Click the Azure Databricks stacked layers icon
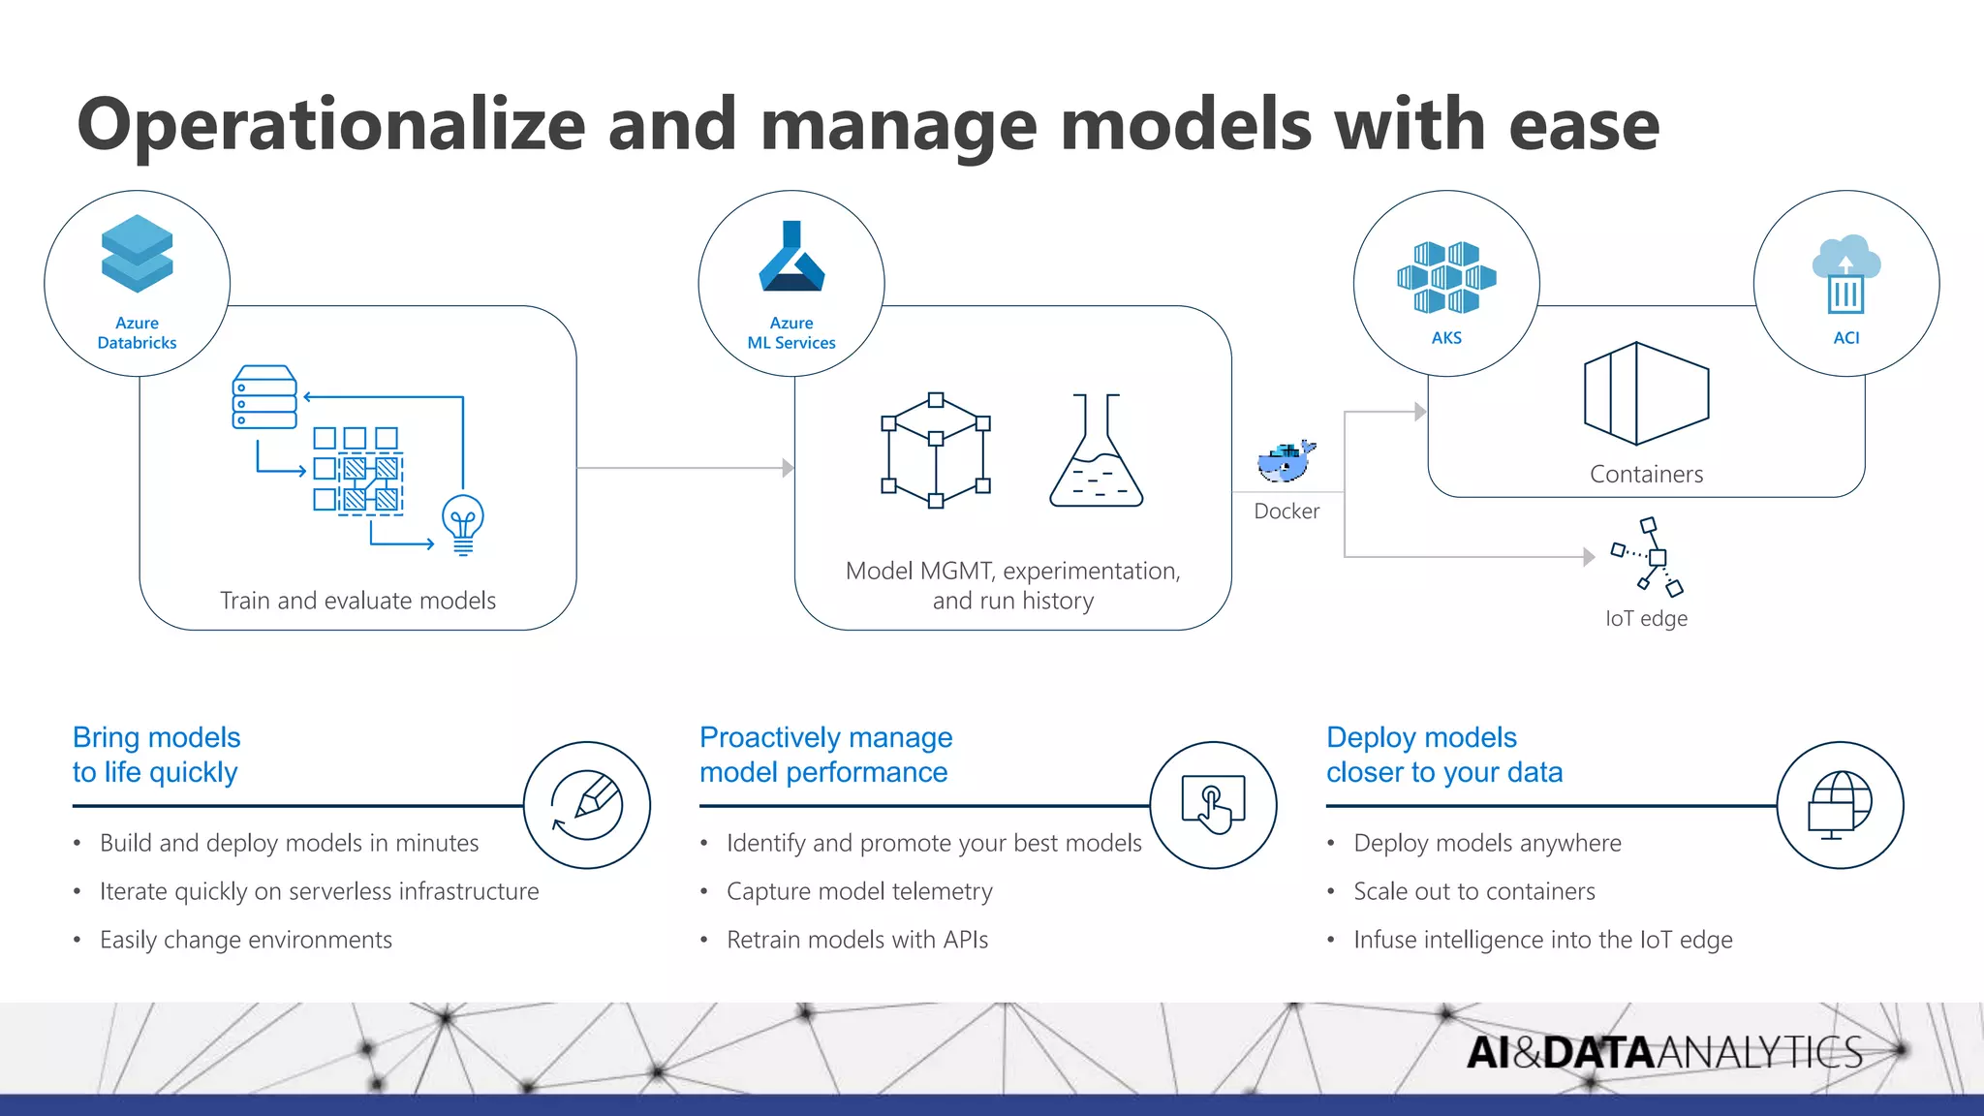pyautogui.click(x=137, y=254)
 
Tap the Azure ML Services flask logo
pyautogui.click(x=791, y=258)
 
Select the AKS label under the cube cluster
pyautogui.click(x=1446, y=337)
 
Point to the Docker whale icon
pyautogui.click(x=1286, y=461)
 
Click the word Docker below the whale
pyautogui.click(x=1286, y=511)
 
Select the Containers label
pyautogui.click(x=1646, y=475)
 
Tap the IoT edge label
pyautogui.click(x=1646, y=618)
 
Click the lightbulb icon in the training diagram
pyautogui.click(x=463, y=524)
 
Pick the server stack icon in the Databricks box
pyautogui.click(x=264, y=397)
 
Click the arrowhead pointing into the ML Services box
pyautogui.click(x=788, y=468)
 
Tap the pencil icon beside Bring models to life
pyautogui.click(x=587, y=805)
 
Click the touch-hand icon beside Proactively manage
pyautogui.click(x=1213, y=805)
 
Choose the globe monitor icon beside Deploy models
pyautogui.click(x=1840, y=805)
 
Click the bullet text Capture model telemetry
pyautogui.click(x=859, y=891)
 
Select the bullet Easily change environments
pyautogui.click(x=246, y=940)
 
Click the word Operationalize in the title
pyautogui.click(x=331, y=126)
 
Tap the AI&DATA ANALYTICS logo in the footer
pyautogui.click(x=1664, y=1052)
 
